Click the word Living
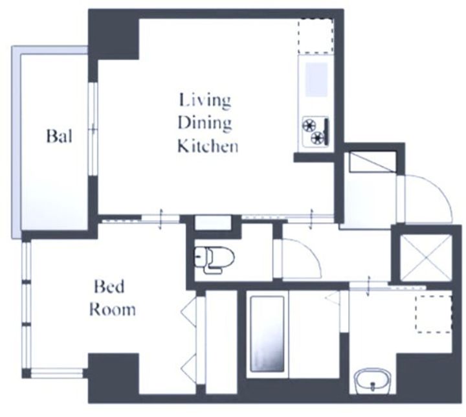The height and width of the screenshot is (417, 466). pyautogui.click(x=205, y=100)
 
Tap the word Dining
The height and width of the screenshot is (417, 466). pyautogui.click(x=205, y=123)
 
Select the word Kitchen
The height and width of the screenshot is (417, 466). pyautogui.click(x=208, y=146)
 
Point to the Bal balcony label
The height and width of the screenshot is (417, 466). pyautogui.click(x=59, y=136)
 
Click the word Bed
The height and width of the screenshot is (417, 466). pyautogui.click(x=109, y=287)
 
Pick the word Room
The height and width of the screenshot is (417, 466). pyautogui.click(x=113, y=310)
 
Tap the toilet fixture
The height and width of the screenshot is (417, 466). pyautogui.click(x=214, y=258)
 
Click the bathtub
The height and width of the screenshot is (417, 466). pyautogui.click(x=267, y=333)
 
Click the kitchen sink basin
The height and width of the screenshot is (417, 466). pyautogui.click(x=316, y=80)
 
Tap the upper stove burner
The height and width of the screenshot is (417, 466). pyautogui.click(x=309, y=125)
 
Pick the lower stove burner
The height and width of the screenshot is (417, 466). pyautogui.click(x=317, y=138)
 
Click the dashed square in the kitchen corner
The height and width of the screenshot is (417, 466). pyautogui.click(x=316, y=36)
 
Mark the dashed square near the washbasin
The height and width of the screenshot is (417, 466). pyautogui.click(x=434, y=314)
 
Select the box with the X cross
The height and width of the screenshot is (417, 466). pyautogui.click(x=426, y=258)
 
